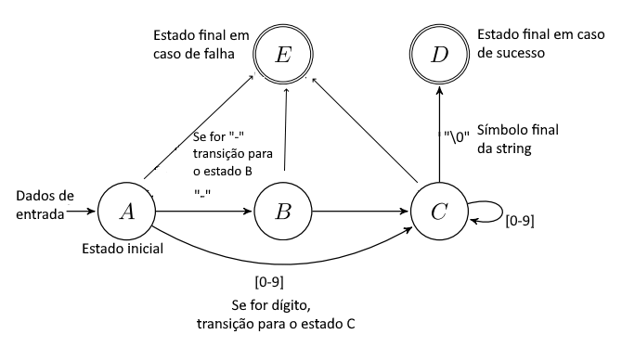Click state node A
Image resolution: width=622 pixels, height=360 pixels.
click(x=126, y=210)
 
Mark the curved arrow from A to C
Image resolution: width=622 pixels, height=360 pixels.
click(x=279, y=263)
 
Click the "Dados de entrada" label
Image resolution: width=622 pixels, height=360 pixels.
click(x=42, y=205)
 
